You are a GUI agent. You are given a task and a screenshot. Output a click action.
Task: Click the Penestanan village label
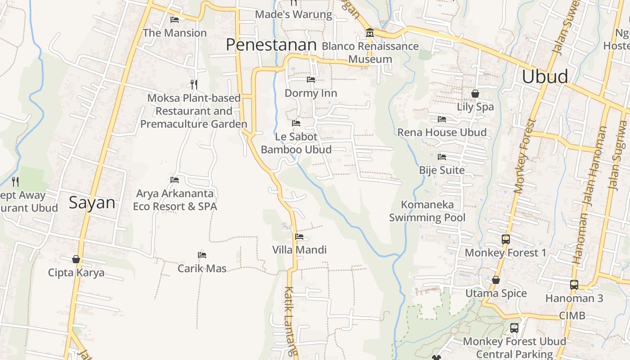tap(271, 45)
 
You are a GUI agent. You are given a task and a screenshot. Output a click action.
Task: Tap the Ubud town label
tap(545, 76)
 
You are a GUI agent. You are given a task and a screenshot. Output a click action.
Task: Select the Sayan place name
tap(92, 202)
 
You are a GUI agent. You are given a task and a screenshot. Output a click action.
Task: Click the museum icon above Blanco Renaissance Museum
tap(369, 33)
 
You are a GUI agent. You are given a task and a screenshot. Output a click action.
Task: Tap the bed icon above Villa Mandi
tap(299, 237)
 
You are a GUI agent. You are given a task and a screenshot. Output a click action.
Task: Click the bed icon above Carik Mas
tap(202, 255)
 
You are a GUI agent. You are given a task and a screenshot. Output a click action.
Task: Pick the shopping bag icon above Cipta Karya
tap(76, 259)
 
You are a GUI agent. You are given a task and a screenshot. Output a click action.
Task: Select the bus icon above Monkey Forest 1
tap(506, 239)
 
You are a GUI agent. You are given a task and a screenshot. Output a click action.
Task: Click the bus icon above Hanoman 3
tap(574, 284)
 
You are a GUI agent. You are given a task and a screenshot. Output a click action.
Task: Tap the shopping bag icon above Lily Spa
tap(475, 94)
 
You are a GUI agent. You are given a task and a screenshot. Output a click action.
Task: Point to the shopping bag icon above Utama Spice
tap(496, 280)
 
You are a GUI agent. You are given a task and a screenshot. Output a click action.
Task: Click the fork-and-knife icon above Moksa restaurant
tap(194, 84)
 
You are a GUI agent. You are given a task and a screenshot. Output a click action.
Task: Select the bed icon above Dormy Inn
tap(311, 80)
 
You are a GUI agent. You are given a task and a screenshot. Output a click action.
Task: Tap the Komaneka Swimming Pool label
tap(427, 211)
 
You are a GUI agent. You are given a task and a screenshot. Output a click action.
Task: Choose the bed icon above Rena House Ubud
tap(442, 119)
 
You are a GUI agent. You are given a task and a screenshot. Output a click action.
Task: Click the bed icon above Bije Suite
tap(442, 157)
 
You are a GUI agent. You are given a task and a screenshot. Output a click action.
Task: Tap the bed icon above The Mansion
tap(175, 20)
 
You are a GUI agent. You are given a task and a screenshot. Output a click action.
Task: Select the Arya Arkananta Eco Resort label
tap(175, 200)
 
